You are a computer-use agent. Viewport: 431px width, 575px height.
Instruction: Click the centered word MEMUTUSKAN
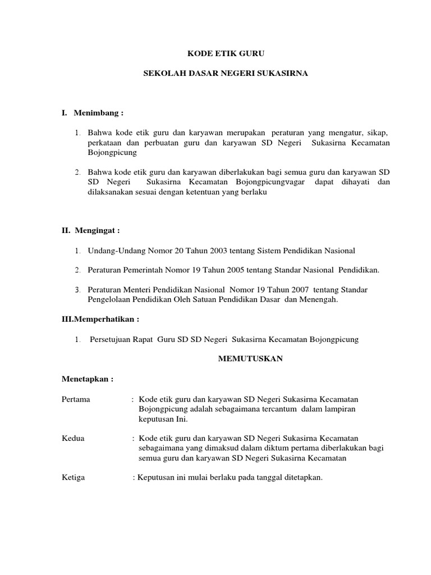pos(250,359)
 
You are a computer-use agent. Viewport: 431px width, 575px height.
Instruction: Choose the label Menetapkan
pos(88,379)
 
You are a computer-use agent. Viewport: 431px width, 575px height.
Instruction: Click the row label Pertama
pos(76,399)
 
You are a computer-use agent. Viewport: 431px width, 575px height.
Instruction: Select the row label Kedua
pos(73,438)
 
